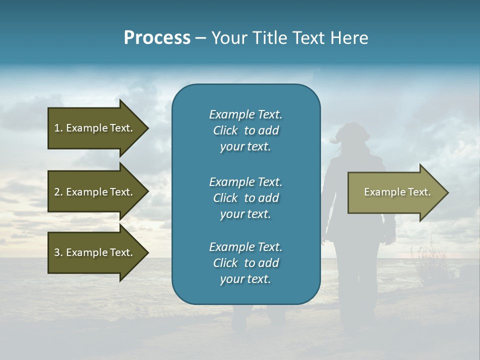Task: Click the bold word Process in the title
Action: (157, 38)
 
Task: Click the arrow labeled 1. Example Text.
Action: (95, 128)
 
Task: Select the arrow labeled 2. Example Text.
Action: (95, 192)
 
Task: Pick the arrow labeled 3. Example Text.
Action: (95, 252)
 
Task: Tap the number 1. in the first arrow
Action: (58, 128)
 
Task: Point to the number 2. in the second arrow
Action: (58, 192)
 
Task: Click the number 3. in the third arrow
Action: (58, 252)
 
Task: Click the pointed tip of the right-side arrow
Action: (446, 192)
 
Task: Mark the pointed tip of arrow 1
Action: (147, 128)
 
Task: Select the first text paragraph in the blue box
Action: (245, 130)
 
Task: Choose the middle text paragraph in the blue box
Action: (245, 198)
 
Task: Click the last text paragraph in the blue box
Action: (245, 263)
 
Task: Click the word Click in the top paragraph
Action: (225, 131)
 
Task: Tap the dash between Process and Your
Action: (201, 38)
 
